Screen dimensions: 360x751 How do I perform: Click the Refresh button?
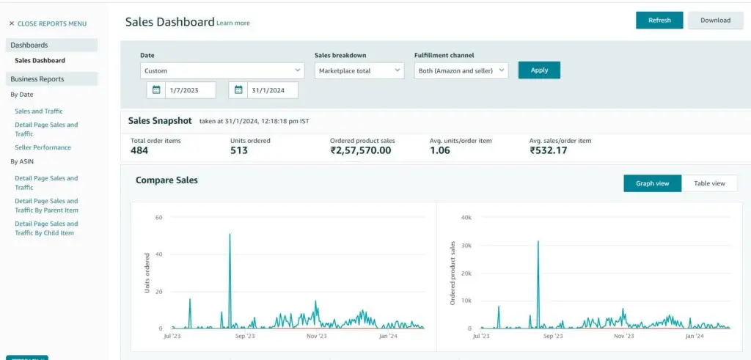click(659, 21)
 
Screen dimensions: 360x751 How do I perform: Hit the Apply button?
click(539, 70)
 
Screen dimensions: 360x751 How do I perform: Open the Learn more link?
click(233, 23)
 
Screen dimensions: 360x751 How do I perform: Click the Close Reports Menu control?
click(48, 23)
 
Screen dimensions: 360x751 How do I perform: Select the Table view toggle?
click(709, 183)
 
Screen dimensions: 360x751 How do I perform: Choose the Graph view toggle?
click(652, 183)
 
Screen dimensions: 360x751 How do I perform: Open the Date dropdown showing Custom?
click(222, 70)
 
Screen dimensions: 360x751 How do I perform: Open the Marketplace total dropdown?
click(359, 70)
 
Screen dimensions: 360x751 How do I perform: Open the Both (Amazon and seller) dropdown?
click(461, 70)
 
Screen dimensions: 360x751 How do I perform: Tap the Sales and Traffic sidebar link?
click(39, 111)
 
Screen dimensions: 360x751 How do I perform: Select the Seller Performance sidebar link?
click(43, 147)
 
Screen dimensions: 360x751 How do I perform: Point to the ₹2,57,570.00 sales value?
click(360, 150)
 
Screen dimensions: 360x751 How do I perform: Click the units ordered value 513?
click(239, 150)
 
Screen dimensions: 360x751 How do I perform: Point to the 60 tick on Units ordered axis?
click(158, 218)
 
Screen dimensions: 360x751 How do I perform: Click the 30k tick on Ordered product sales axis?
click(466, 246)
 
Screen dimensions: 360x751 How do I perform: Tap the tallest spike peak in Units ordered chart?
click(230, 235)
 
